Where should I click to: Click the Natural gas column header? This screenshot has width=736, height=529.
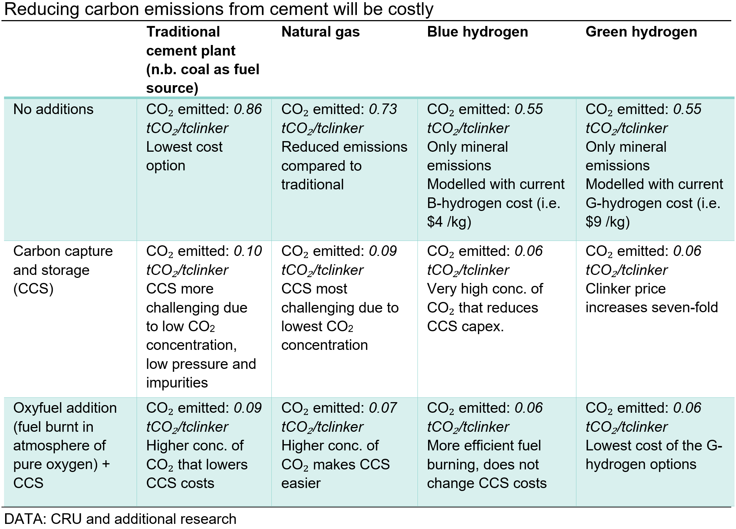click(320, 32)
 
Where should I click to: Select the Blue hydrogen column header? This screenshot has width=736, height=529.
click(477, 32)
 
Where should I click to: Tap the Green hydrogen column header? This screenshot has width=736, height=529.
click(641, 32)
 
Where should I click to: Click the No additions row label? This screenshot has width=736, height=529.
click(53, 109)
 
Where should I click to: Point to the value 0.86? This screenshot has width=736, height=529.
click(248, 109)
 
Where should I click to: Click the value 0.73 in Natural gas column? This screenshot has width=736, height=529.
click(383, 109)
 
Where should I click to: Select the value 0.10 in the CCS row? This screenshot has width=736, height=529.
click(248, 251)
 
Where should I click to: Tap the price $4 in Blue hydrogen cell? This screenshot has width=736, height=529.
click(435, 222)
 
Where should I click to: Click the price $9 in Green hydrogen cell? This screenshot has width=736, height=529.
click(594, 222)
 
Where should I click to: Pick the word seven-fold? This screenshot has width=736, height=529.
click(682, 307)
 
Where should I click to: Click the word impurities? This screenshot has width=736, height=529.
click(177, 383)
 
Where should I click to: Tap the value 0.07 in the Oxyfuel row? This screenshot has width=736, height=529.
click(383, 408)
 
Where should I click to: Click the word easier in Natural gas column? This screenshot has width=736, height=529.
click(301, 483)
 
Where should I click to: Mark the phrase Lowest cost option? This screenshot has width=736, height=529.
click(184, 156)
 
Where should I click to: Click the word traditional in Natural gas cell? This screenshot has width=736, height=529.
click(312, 185)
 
